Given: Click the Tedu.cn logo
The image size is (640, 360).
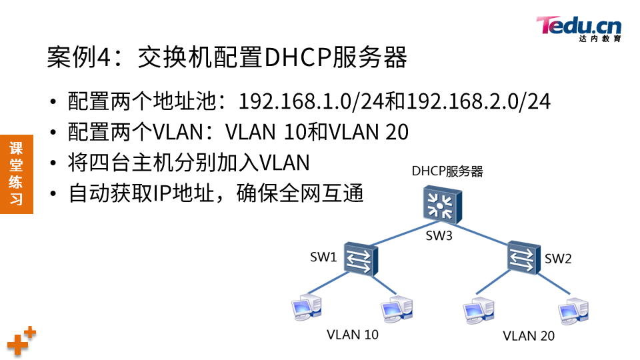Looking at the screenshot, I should [579, 29].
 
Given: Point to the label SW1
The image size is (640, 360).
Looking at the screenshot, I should [323, 257].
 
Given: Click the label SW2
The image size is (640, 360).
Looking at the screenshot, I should [559, 259].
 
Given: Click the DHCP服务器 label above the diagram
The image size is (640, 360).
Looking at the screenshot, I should [447, 171].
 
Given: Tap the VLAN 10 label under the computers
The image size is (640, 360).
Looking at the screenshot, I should [352, 335].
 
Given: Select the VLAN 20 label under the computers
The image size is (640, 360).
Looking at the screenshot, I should [528, 336].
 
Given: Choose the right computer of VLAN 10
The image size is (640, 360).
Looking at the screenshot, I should [396, 309].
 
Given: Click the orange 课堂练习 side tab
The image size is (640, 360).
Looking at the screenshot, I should [16, 174].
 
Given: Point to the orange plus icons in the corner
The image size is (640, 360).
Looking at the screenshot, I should [21, 341].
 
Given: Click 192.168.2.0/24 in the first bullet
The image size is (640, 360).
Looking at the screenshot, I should [479, 101].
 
